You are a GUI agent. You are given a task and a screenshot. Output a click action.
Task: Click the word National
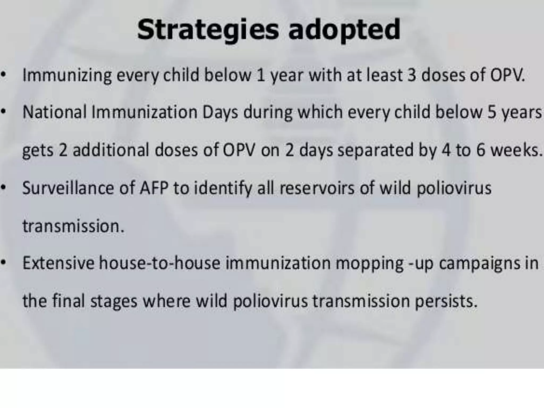pyautogui.click(x=54, y=112)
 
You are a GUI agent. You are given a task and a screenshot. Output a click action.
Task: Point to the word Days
pyautogui.click(x=220, y=112)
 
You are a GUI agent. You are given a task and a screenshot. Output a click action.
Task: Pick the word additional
pyautogui.click(x=111, y=150)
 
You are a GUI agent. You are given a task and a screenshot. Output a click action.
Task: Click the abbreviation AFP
pyautogui.click(x=154, y=188)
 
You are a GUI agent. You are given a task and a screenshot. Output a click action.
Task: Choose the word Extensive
pyautogui.click(x=58, y=263)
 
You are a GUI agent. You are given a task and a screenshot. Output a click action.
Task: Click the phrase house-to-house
pyautogui.click(x=160, y=263)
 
